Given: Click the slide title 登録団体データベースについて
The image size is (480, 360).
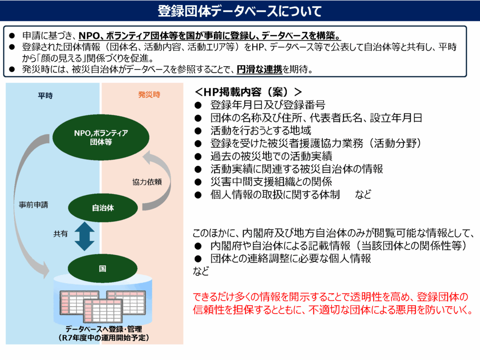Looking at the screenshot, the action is tap(240, 11).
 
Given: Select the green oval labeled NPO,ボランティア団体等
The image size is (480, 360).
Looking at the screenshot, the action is tap(101, 137).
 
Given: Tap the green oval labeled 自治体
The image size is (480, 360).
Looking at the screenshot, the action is tap(103, 208).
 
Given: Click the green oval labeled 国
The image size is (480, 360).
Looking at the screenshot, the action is tap(103, 269).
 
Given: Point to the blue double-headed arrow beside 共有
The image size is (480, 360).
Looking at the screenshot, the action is tap(84, 236).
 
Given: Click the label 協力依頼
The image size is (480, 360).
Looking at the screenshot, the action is tap(147, 182).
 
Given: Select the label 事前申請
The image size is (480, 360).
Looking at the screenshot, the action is tap(33, 205).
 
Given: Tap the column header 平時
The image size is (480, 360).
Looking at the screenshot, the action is tap(45, 96).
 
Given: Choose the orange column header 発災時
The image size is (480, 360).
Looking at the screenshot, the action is tap(149, 95).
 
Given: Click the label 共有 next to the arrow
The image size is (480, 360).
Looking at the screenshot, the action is tap(60, 234).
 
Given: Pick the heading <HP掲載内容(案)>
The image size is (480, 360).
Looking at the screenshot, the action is tap(248, 91).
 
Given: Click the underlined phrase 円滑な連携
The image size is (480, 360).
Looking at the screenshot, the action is tap(259, 69).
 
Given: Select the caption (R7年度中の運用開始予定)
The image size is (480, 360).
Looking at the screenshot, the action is tap(104, 337).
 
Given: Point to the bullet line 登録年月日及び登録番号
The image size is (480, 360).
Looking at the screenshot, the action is tap(268, 105).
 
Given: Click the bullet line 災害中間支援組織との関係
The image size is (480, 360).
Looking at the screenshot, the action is tap(271, 181).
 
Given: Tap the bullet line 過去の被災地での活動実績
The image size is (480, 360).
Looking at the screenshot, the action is tap(271, 156).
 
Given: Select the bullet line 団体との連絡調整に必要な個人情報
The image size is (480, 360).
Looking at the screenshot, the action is tap(291, 258).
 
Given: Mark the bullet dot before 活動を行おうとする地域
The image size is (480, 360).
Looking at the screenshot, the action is tap(198, 131).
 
